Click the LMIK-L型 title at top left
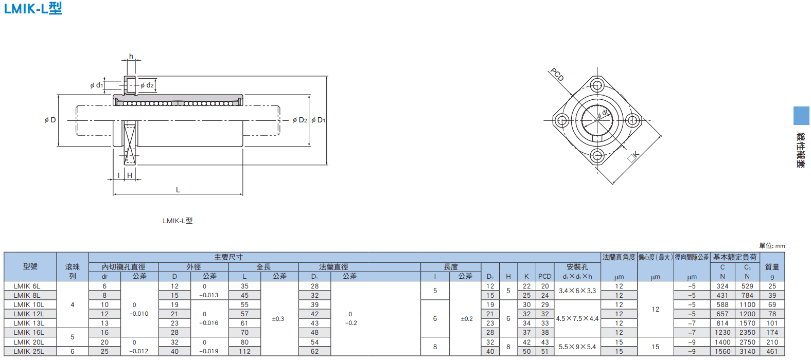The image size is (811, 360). coord(33,8)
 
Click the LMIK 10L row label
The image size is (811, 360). coord(29,304)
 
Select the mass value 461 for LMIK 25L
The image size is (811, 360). coord(772,351)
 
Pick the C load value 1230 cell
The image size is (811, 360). coord(722,332)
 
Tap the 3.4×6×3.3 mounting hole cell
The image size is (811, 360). coord(577,291)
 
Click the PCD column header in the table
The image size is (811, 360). coord(544,276)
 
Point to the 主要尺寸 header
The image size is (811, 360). coord(228,257)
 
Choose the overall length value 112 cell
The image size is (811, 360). coord(244,351)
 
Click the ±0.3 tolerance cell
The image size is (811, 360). coord(278,319)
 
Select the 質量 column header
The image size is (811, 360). coord(772,267)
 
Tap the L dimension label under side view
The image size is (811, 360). coord(178,190)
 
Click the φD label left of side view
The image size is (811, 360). coord(50,120)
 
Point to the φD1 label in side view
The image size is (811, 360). coord(318,120)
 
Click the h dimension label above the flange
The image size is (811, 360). coord(131,56)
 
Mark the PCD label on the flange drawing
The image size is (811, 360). coord(557,75)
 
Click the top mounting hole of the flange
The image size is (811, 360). coord(597,85)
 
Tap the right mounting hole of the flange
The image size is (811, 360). coord(632,120)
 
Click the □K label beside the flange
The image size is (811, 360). coord(633,157)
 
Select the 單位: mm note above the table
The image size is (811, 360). coord(772,246)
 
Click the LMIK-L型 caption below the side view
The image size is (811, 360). coord(178,221)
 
